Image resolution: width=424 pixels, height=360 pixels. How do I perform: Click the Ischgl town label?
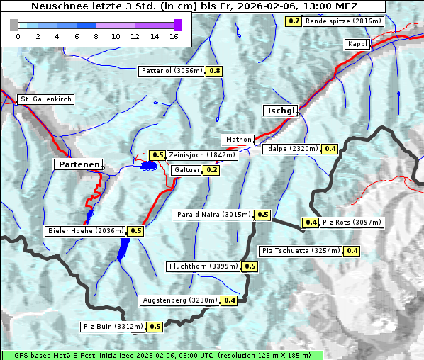[281, 111]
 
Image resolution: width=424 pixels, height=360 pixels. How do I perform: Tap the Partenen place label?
[78, 164]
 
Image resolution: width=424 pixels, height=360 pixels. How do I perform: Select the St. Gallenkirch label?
[45, 99]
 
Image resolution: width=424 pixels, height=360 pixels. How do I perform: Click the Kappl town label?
[357, 44]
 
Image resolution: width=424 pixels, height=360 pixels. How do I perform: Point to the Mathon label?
[238, 140]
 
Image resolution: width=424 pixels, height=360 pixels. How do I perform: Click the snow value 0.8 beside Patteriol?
[214, 71]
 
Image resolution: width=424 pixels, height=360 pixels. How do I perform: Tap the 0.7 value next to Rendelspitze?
[294, 21]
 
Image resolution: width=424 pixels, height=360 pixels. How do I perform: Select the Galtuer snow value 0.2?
[211, 170]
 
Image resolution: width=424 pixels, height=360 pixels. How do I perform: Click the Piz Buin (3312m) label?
[113, 327]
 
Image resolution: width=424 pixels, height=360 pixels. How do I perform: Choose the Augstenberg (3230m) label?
[180, 300]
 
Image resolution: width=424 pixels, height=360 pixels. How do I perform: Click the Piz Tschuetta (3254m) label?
[301, 251]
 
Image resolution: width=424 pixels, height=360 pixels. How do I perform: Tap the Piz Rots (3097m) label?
[352, 223]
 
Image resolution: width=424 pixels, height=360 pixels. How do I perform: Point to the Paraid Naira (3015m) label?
[213, 214]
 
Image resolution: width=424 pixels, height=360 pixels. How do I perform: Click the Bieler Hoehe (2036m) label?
[85, 230]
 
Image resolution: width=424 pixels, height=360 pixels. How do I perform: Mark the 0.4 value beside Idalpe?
[330, 149]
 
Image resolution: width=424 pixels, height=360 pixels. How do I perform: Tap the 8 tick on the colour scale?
[96, 35]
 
